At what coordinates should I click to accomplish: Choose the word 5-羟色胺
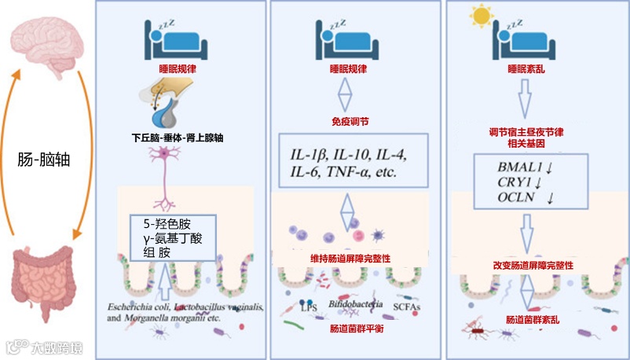coord(161,225)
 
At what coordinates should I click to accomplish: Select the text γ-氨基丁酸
coord(167,239)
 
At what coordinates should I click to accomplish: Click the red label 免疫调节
coord(348,123)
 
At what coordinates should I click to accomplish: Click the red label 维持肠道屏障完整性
coord(350,257)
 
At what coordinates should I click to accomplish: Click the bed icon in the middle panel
coord(346,35)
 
